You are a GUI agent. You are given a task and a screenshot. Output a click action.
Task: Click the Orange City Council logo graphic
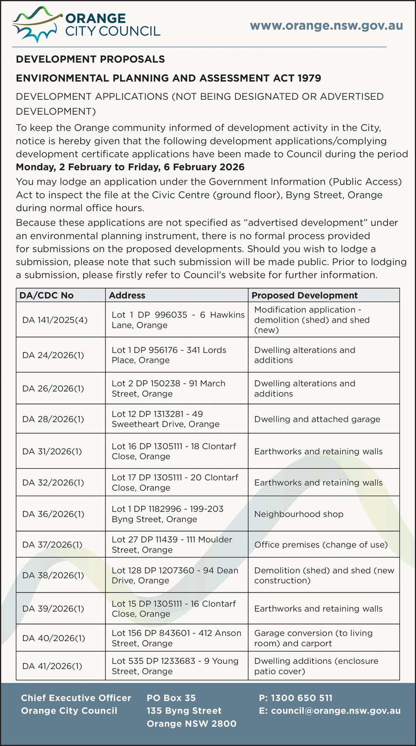tap(37, 26)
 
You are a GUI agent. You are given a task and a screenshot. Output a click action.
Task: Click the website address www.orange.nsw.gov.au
tap(326, 25)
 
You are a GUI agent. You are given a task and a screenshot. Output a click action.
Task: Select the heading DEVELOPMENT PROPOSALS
tap(90, 59)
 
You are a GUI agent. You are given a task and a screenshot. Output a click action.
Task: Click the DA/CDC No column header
tap(47, 295)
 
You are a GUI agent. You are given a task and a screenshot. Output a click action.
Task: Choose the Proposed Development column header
tap(305, 295)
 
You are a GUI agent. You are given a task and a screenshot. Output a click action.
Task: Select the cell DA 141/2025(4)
tap(55, 320)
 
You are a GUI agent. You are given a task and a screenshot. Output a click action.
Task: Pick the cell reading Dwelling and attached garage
tap(317, 419)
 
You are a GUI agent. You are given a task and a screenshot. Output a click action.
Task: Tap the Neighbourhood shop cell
tap(298, 514)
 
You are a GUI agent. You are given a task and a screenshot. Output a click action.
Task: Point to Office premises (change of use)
tap(321, 545)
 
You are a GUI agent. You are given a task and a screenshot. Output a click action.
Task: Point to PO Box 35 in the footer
tap(171, 698)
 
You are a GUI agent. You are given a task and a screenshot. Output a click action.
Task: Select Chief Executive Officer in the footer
tap(76, 698)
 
